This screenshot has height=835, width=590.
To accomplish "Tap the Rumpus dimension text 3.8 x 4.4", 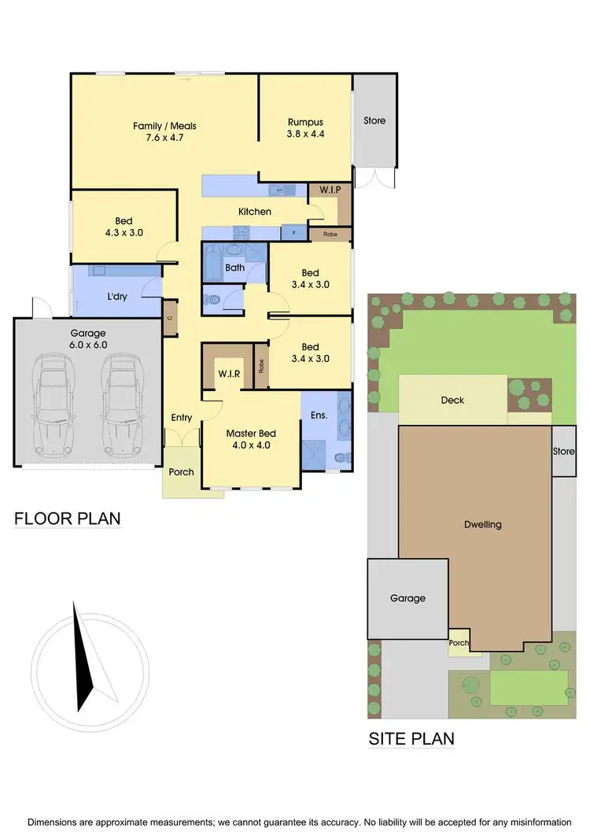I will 305,134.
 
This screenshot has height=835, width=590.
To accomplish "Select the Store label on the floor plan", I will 374,120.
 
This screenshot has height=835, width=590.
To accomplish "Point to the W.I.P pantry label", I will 323,190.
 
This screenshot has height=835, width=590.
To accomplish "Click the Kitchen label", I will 255,212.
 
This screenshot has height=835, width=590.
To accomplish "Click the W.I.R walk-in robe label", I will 228,372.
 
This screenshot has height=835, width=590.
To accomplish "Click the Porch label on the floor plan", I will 181,472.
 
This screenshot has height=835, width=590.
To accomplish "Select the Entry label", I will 181,418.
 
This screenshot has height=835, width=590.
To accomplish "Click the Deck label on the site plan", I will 452,400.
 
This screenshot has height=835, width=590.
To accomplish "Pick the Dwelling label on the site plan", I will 482,524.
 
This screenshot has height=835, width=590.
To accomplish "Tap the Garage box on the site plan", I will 407,598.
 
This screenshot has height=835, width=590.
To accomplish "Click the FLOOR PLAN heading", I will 68,519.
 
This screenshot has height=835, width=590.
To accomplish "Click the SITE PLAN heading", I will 411,739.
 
